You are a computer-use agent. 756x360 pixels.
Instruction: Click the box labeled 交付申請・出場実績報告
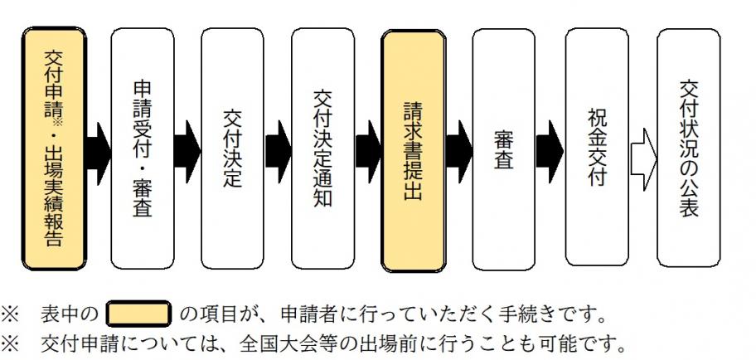[54, 149]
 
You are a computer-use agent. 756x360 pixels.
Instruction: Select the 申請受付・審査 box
[143, 149]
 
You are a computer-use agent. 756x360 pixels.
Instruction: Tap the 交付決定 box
[233, 149]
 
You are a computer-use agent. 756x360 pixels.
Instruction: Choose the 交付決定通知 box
[323, 149]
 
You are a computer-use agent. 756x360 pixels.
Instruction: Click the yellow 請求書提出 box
[414, 149]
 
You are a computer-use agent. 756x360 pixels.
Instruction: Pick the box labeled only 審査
[504, 149]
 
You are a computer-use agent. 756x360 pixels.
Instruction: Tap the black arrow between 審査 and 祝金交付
[550, 152]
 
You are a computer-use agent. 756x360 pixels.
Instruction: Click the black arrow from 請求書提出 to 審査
[458, 152]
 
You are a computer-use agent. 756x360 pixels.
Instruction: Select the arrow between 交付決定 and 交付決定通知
[279, 152]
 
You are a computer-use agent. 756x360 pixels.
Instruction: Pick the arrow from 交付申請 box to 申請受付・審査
[98, 152]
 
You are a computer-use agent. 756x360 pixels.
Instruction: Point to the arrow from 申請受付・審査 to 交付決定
[188, 152]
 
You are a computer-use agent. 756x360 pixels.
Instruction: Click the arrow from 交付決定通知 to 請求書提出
[368, 152]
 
